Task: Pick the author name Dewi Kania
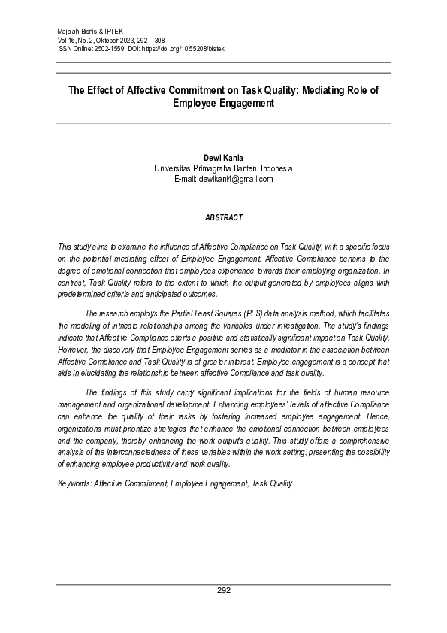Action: (x=223, y=159)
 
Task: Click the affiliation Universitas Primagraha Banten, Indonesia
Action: (x=223, y=169)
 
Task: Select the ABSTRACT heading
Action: (x=223, y=217)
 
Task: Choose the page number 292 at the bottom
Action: (x=223, y=591)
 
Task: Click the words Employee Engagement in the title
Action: (x=223, y=104)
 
